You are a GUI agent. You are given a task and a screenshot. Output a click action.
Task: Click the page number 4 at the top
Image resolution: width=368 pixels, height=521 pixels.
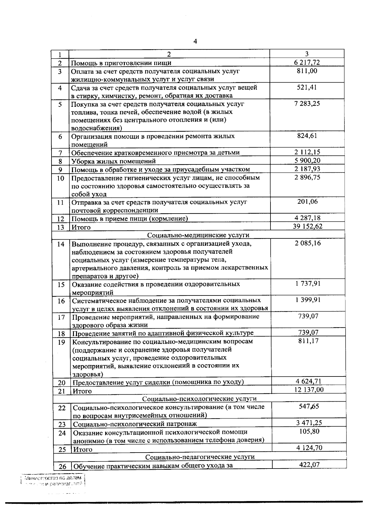(195, 41)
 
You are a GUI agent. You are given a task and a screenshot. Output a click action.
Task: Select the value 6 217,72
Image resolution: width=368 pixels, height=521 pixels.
(307, 63)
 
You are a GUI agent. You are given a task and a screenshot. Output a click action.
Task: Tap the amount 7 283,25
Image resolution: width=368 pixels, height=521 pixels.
(307, 103)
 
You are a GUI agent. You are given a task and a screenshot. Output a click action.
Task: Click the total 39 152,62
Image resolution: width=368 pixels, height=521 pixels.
(308, 226)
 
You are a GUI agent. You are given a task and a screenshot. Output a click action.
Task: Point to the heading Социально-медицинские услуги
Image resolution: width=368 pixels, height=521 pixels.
(198, 235)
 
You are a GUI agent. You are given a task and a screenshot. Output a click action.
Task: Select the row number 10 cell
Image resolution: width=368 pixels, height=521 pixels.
(60, 178)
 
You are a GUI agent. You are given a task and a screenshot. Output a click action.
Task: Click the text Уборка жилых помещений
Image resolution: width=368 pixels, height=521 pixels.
(113, 161)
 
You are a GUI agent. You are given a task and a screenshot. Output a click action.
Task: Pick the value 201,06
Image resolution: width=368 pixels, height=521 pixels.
(307, 202)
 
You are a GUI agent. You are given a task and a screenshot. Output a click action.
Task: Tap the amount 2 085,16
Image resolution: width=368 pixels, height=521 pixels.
(308, 243)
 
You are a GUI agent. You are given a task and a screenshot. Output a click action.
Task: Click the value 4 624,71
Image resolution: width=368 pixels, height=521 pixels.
(309, 381)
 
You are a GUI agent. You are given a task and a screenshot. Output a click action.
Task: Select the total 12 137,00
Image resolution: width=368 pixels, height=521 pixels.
(309, 390)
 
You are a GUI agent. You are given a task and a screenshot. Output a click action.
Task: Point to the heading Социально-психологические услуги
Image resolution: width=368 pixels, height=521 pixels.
(200, 399)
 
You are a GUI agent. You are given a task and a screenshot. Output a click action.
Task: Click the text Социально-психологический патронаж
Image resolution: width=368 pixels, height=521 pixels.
(135, 424)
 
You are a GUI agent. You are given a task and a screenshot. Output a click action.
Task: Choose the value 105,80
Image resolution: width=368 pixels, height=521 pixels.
(309, 431)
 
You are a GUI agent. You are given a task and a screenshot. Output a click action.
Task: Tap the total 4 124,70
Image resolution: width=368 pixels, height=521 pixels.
(309, 448)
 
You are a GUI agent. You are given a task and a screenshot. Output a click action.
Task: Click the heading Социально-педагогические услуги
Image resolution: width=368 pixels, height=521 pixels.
(200, 457)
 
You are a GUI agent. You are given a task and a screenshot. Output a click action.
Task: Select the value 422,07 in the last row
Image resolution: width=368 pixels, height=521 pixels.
(309, 465)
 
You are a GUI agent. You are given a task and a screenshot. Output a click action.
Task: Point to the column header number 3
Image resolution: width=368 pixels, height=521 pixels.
(307, 54)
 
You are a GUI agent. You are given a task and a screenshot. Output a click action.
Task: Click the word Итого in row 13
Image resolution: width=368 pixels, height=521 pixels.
(81, 227)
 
